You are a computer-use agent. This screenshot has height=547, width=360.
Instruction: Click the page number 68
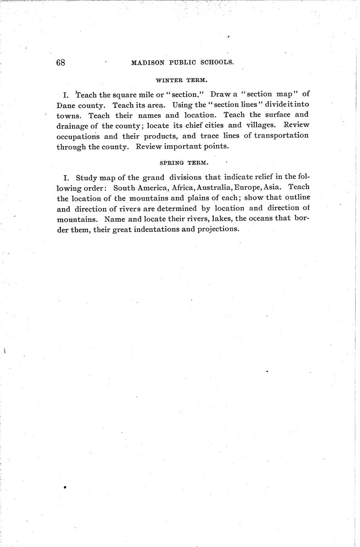[x=61, y=63]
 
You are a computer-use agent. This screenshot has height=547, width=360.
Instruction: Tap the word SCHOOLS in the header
[x=215, y=62]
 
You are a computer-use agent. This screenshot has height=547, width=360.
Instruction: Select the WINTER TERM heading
[x=181, y=80]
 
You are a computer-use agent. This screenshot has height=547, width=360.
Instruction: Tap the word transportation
[x=281, y=135]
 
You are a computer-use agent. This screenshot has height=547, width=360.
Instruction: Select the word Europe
[x=247, y=187]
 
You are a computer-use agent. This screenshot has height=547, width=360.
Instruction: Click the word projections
[x=218, y=230]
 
